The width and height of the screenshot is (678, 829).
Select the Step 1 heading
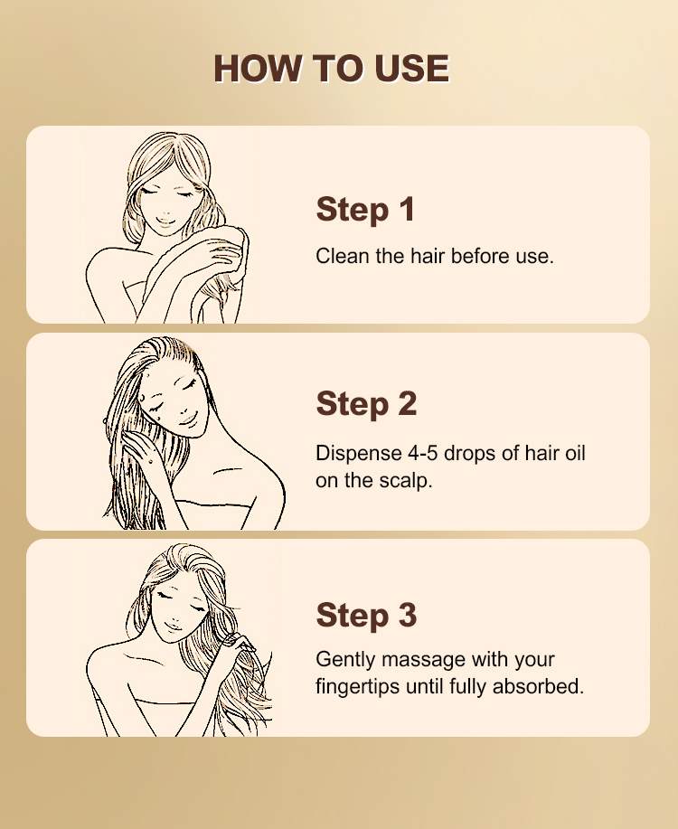click(x=365, y=210)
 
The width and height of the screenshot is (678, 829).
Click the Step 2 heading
click(x=366, y=404)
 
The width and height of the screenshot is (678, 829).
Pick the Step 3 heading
click(x=366, y=615)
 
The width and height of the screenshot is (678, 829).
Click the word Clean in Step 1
click(x=343, y=257)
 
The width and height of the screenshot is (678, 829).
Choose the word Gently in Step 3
click(x=345, y=660)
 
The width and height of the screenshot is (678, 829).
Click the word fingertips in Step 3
click(x=358, y=687)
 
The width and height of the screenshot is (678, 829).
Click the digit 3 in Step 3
click(x=407, y=615)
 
